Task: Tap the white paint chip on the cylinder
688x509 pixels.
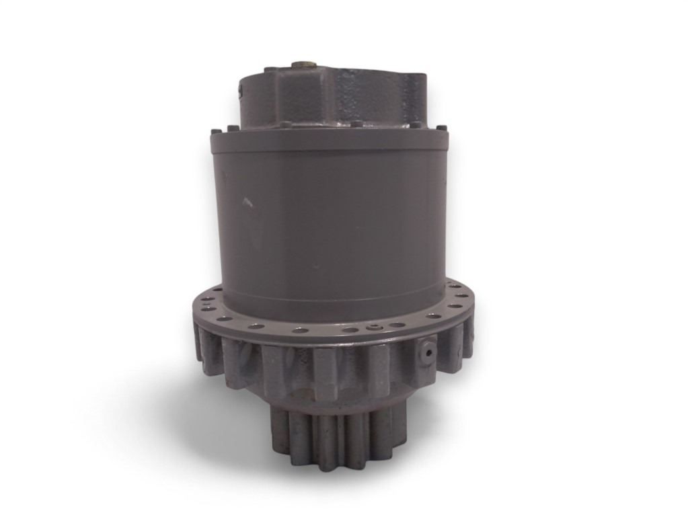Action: [x=247, y=201]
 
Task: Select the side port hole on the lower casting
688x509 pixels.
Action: [x=424, y=350]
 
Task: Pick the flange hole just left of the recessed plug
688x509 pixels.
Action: [x=349, y=329]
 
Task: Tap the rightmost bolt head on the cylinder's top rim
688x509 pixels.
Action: [x=442, y=127]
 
